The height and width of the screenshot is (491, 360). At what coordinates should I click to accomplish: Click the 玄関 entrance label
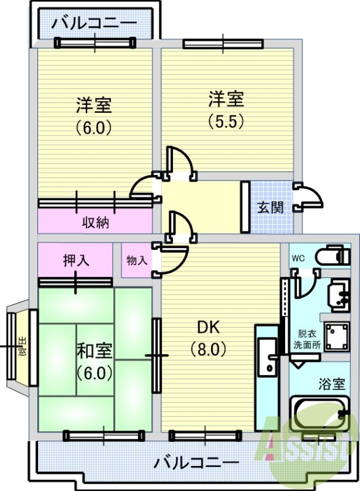(270, 207)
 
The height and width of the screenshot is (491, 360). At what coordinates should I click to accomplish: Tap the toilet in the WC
(333, 256)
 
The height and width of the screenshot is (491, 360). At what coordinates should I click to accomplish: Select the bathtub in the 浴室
(320, 414)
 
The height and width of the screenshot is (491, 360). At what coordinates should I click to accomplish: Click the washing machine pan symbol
(337, 336)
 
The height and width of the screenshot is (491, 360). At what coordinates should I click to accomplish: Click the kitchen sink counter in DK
(267, 377)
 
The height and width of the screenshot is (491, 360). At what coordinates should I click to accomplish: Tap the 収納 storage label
(96, 222)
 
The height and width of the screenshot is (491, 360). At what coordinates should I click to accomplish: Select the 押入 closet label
(76, 260)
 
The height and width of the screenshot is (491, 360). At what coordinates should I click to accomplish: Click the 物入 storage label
(137, 260)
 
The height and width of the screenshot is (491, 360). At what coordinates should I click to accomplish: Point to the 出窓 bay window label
(22, 346)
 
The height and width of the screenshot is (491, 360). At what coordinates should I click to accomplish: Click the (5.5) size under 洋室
(226, 122)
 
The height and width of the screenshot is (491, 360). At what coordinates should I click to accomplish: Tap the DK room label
(209, 327)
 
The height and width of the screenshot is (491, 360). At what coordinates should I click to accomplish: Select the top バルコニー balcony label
(94, 23)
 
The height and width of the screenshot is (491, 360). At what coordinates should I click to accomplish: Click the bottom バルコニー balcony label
(196, 462)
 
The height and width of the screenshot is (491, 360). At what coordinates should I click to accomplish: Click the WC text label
(298, 258)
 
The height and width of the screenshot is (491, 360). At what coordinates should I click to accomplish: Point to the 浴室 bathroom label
(332, 384)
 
